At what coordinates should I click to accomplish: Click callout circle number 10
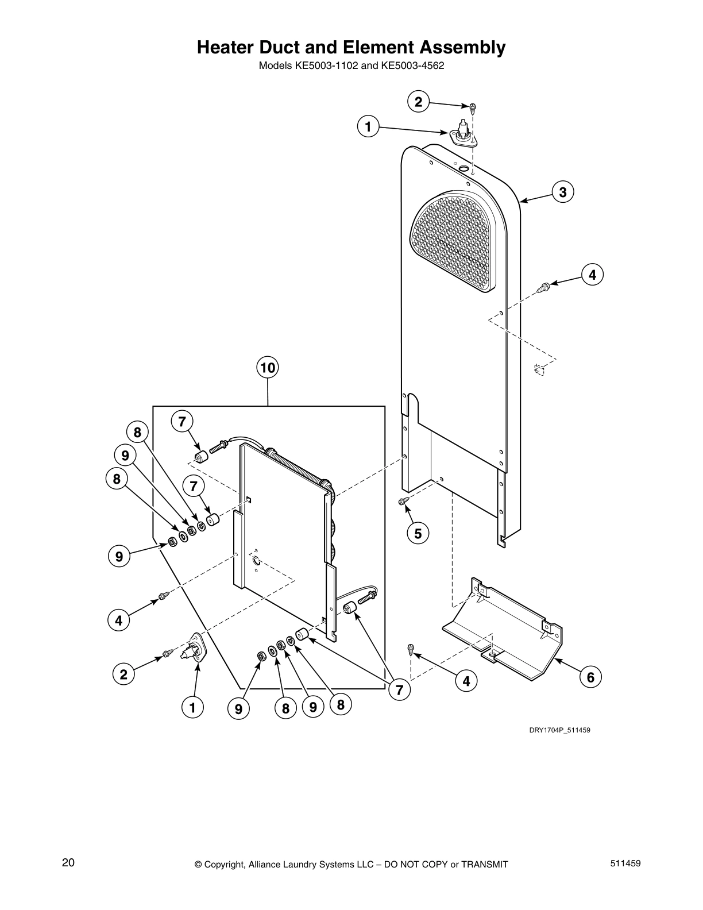tap(268, 368)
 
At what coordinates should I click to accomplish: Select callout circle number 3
tap(562, 192)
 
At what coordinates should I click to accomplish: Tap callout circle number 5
tap(418, 534)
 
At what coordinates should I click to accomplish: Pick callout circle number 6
tap(590, 677)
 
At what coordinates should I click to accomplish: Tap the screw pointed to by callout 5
tap(404, 503)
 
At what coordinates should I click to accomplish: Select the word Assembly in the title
tap(459, 47)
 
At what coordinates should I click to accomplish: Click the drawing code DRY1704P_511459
tap(559, 730)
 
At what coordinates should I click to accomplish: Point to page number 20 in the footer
tap(68, 863)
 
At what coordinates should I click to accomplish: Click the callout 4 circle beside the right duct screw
tap(592, 275)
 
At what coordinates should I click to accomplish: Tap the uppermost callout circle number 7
tap(181, 422)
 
